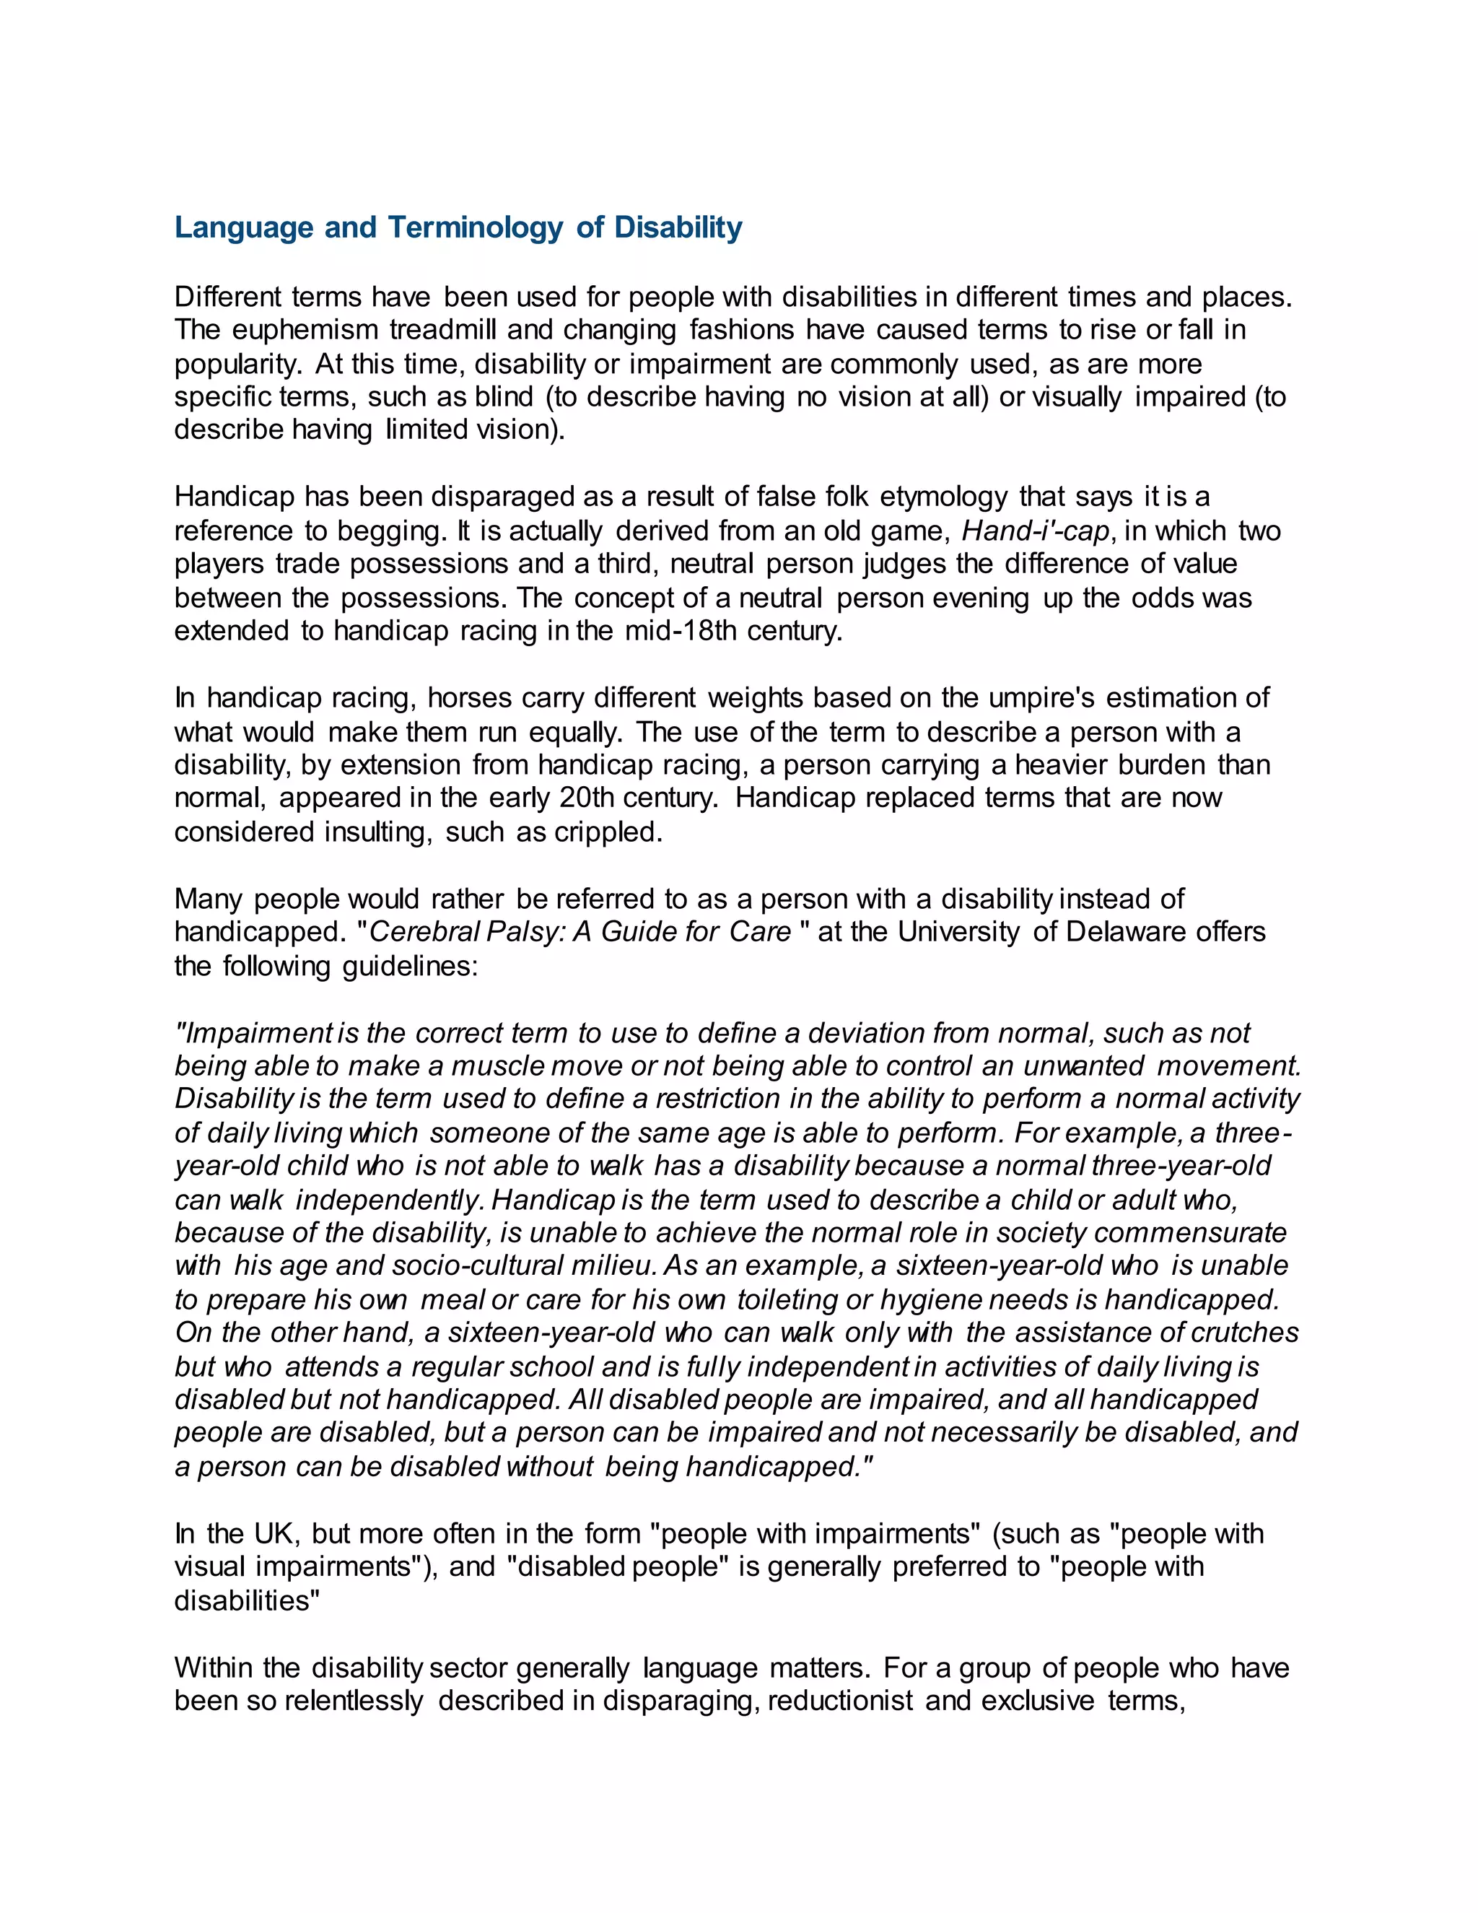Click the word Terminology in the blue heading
pos(476,227)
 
